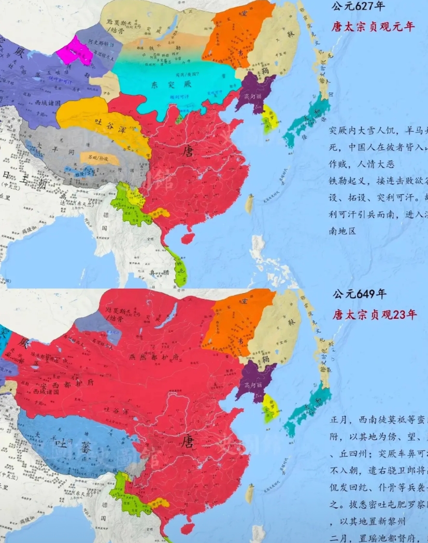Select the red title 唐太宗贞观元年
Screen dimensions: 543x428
tap(373, 26)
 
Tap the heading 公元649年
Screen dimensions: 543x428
tap(360, 294)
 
